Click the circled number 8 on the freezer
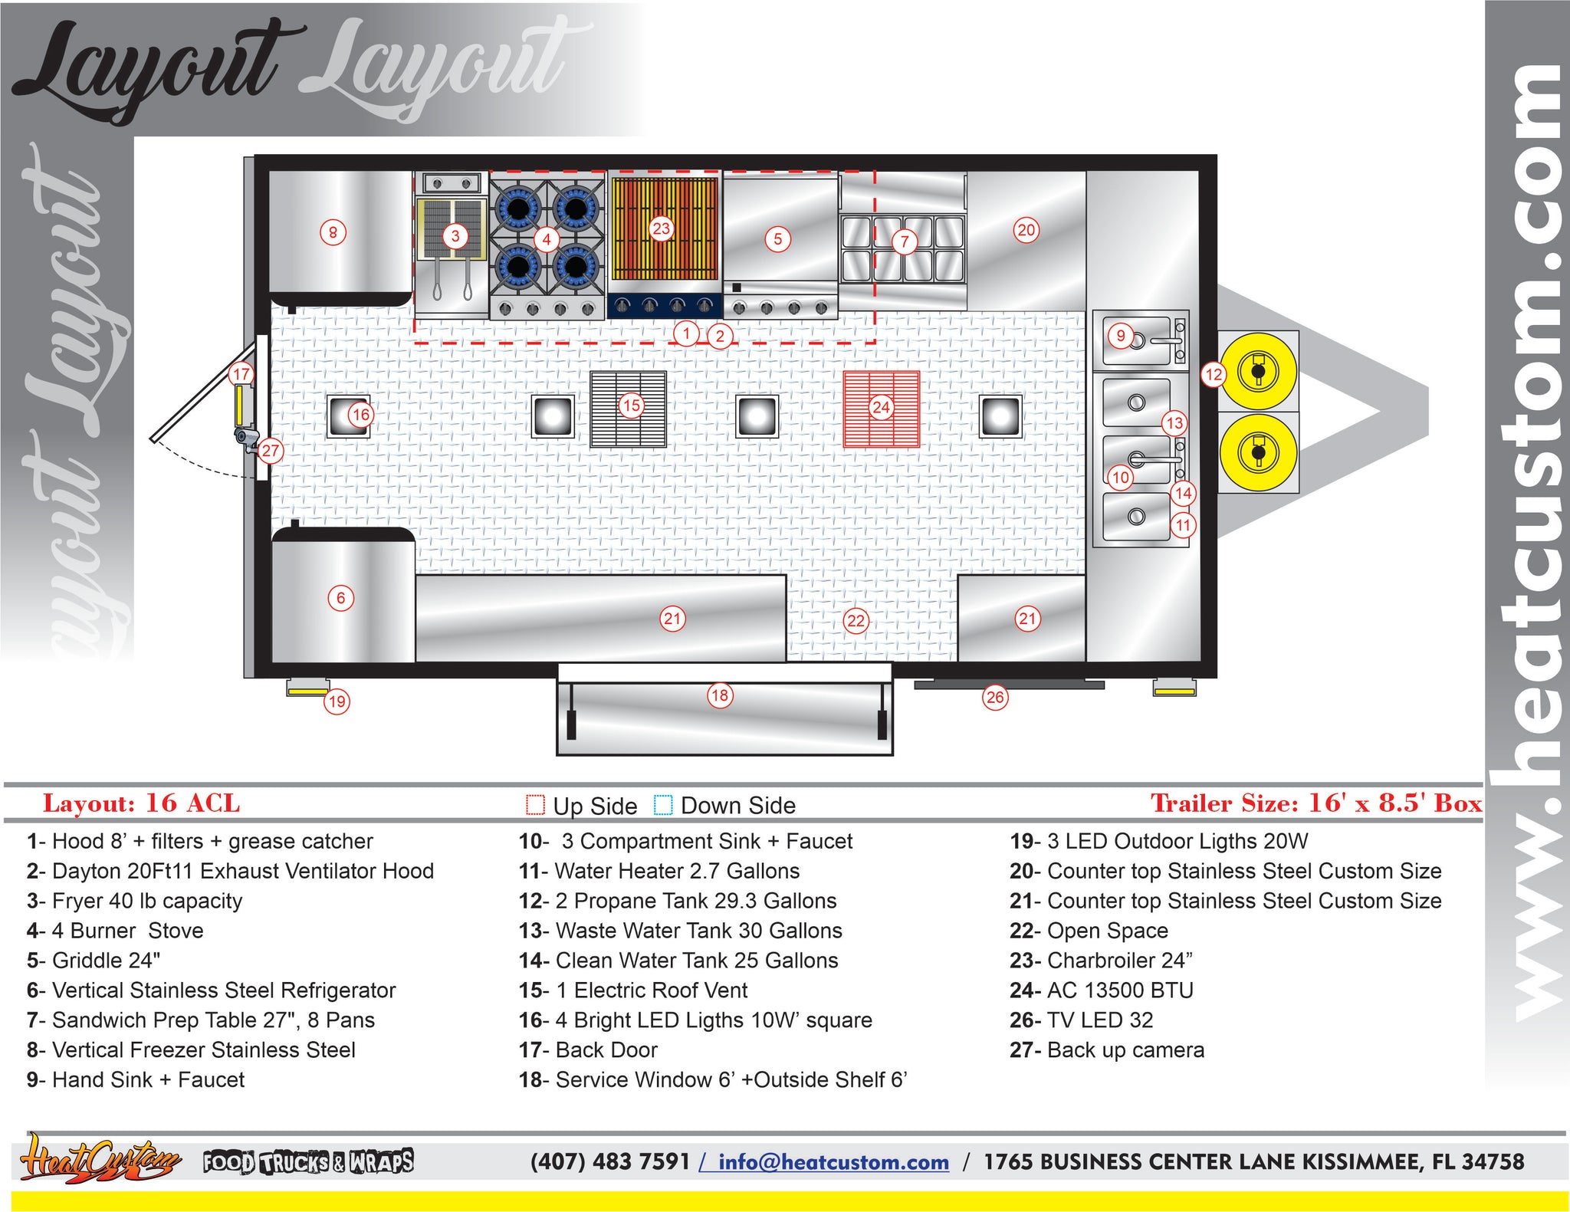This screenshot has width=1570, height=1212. (x=333, y=232)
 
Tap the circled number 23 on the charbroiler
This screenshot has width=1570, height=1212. (x=661, y=228)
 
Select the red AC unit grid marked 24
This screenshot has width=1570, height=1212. (x=882, y=409)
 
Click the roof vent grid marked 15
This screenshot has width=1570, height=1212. (x=629, y=409)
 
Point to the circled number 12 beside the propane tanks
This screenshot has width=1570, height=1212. (x=1214, y=374)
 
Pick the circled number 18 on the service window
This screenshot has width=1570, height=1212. (x=719, y=695)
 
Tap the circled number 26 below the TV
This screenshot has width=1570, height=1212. (x=995, y=697)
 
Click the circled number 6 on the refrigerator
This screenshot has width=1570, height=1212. (x=341, y=598)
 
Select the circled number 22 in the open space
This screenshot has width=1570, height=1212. (x=856, y=621)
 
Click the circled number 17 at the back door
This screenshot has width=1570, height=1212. (x=241, y=374)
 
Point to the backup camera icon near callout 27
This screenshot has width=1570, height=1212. (x=247, y=439)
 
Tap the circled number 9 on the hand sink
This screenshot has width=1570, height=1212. (x=1121, y=335)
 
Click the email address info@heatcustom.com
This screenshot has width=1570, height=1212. (x=833, y=1162)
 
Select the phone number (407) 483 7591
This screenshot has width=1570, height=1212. (x=610, y=1161)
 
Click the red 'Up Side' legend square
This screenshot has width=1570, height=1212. (x=535, y=805)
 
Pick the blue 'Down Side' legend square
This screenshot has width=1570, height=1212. (x=663, y=805)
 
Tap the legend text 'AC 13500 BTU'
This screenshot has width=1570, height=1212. (x=1102, y=990)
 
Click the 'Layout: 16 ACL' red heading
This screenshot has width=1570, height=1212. (x=141, y=803)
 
